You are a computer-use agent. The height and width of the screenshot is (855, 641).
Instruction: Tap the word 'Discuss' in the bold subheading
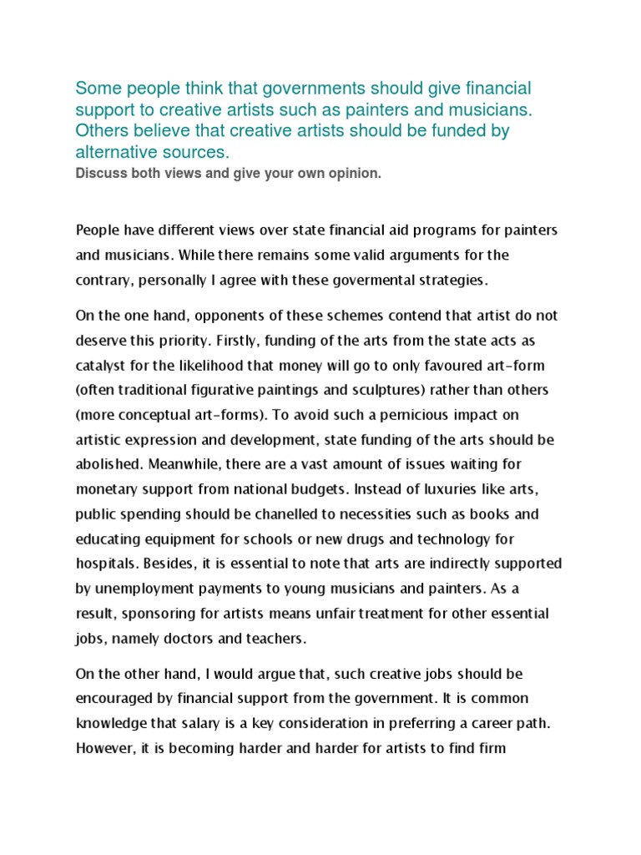coord(100,174)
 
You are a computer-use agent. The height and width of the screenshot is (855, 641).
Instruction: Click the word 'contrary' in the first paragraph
coord(104,281)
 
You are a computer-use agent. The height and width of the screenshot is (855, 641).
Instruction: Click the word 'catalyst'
coord(102,367)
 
